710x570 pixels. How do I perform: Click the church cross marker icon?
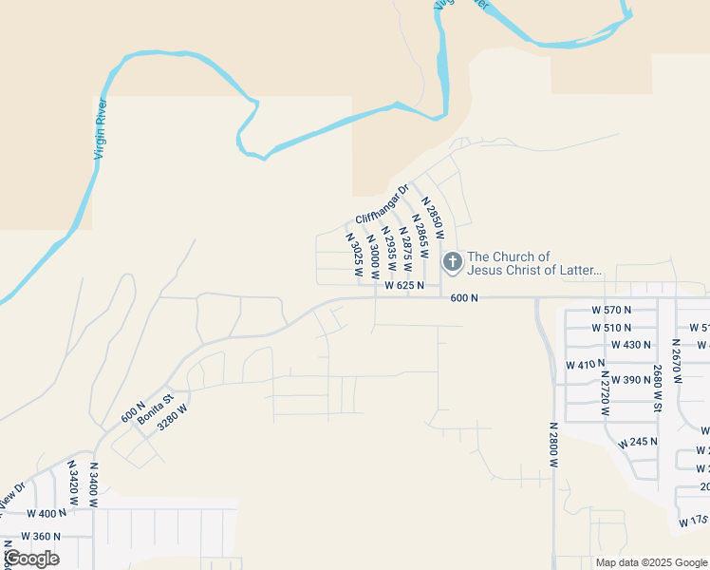click(453, 261)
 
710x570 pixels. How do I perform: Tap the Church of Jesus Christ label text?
click(535, 263)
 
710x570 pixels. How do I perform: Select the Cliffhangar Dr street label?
click(381, 203)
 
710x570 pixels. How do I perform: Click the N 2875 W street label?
click(405, 249)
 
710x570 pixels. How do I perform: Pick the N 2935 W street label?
click(389, 250)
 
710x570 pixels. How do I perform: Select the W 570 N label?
click(610, 310)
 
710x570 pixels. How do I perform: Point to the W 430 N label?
click(631, 345)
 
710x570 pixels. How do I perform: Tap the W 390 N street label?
click(631, 379)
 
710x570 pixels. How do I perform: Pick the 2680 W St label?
click(657, 387)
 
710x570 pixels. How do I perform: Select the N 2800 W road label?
click(554, 444)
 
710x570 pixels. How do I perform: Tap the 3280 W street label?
click(174, 418)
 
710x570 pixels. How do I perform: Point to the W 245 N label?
click(637, 443)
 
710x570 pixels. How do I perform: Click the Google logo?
click(31, 559)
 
